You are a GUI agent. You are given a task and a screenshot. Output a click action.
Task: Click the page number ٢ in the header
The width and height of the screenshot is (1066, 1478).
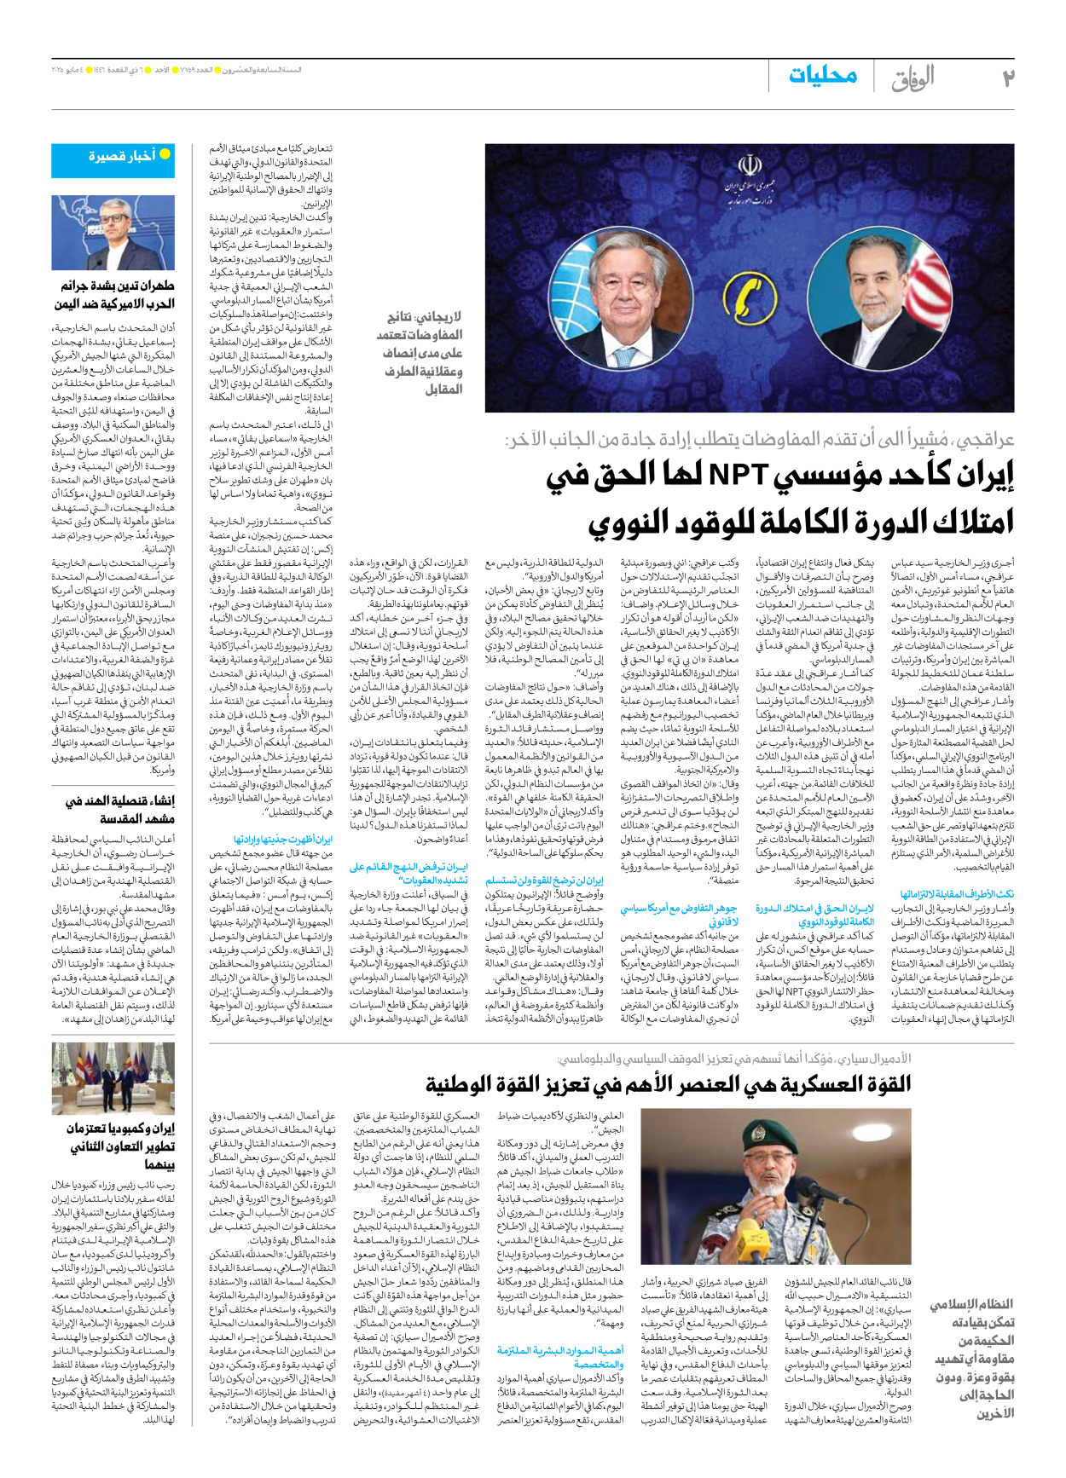tap(1007, 78)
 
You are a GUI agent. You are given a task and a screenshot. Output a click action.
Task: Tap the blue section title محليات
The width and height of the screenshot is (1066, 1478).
tap(822, 76)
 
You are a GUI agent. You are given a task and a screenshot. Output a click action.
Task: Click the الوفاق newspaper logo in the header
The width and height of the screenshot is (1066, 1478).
tap(912, 78)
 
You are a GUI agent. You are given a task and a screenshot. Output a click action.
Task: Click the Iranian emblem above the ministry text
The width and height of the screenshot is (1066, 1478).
tap(750, 165)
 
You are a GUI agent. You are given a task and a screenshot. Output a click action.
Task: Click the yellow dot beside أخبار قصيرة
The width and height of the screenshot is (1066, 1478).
tap(165, 154)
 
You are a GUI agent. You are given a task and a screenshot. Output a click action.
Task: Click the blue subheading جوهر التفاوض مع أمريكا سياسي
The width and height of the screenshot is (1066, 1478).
tap(679, 915)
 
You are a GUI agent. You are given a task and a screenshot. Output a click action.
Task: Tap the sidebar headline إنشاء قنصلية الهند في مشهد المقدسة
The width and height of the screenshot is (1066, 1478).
tap(119, 809)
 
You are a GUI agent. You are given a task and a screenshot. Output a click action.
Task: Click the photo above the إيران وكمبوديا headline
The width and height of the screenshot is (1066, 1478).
tap(113, 1077)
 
